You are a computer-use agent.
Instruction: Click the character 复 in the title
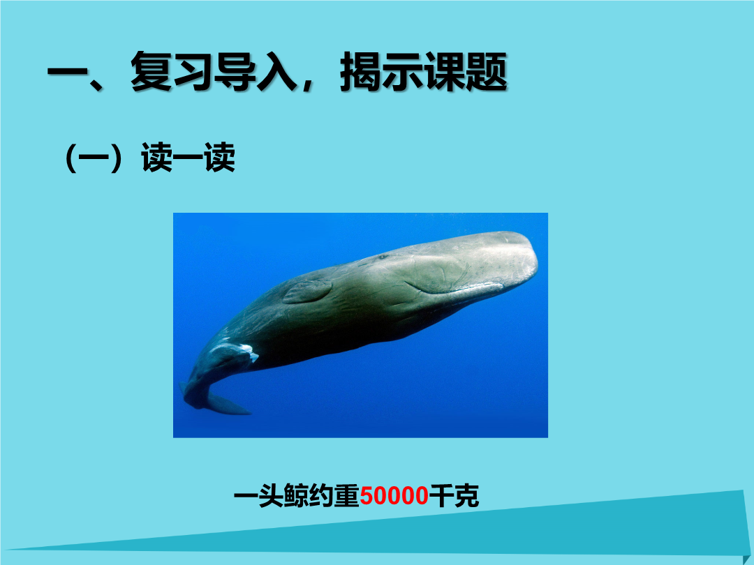pyautogui.click(x=151, y=72)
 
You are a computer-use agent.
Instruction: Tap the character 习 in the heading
pyautogui.click(x=193, y=72)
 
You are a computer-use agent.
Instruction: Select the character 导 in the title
pyautogui.click(x=235, y=72)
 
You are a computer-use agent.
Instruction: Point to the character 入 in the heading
pyautogui.click(x=276, y=72)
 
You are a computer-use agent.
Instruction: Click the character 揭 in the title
pyautogui.click(x=361, y=72)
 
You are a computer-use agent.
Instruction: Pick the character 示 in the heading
pyautogui.click(x=403, y=72)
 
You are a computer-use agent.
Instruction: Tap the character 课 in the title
pyautogui.click(x=444, y=72)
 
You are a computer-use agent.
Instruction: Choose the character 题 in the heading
pyautogui.click(x=487, y=72)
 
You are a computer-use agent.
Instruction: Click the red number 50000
pyautogui.click(x=394, y=496)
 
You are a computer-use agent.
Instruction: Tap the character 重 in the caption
pyautogui.click(x=347, y=496)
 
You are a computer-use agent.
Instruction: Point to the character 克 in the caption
pyautogui.click(x=466, y=496)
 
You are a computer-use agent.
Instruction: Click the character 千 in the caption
pyautogui.click(x=441, y=496)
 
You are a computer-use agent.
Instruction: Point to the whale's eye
pyautogui.click(x=383, y=257)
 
